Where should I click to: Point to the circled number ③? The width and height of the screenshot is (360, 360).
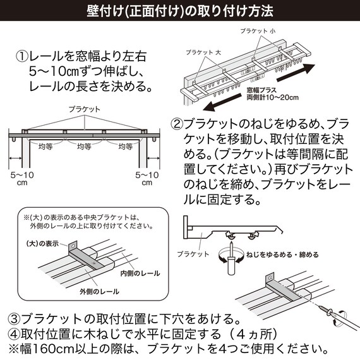[13, 318]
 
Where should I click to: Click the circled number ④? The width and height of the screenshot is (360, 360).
[13, 333]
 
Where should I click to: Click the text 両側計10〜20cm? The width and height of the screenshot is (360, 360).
[272, 99]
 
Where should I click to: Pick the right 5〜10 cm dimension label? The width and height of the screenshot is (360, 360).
[147, 177]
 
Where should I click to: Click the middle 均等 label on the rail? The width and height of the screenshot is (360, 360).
[85, 147]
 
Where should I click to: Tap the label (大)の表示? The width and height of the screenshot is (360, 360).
[42, 243]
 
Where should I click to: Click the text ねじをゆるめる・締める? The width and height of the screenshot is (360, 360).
[283, 255]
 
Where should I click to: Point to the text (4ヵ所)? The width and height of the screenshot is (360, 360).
[247, 333]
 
